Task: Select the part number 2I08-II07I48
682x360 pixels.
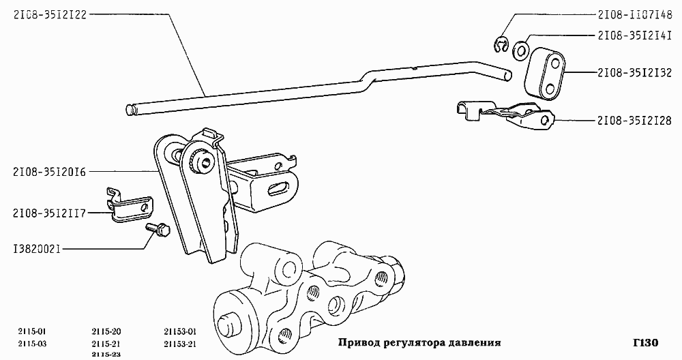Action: pyautogui.click(x=634, y=14)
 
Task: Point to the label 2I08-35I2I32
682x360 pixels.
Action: pyautogui.click(x=634, y=72)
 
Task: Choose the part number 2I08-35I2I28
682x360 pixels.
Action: pyautogui.click(x=634, y=121)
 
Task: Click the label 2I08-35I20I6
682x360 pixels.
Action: pyautogui.click(x=50, y=172)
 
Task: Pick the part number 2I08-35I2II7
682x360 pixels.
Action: pyautogui.click(x=50, y=213)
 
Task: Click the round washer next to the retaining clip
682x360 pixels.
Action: pyautogui.click(x=520, y=49)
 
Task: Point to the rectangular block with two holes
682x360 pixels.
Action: pyautogui.click(x=547, y=74)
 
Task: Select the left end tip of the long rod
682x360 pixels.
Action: pyautogui.click(x=130, y=109)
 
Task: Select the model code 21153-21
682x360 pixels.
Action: pyautogui.click(x=180, y=343)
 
